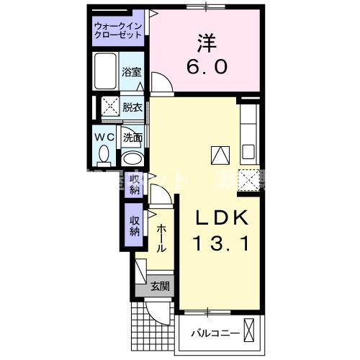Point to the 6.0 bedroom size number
[x=209, y=66]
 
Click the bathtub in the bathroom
[x=105, y=71]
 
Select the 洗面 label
[x=132, y=137]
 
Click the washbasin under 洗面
[x=131, y=158]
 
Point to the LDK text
[x=222, y=217]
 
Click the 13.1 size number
[x=221, y=245]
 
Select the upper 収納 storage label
[x=135, y=184]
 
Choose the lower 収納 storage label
[x=135, y=226]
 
